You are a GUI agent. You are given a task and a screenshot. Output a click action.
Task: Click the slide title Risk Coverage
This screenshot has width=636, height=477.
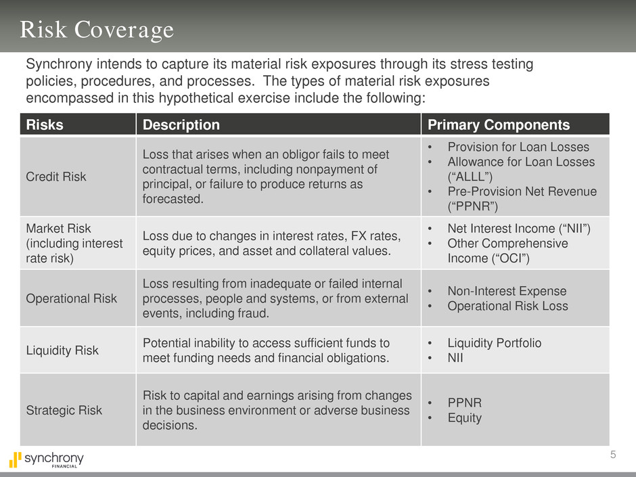97,30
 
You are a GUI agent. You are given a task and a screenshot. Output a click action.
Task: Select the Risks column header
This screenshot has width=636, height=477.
45,124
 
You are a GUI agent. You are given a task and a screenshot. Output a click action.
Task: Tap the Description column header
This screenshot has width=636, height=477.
181,124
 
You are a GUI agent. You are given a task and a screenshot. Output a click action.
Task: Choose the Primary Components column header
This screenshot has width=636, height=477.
499,124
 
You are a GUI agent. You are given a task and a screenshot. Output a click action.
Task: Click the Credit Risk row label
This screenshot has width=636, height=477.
56,177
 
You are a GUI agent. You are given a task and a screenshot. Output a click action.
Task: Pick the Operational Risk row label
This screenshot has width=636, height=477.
72,298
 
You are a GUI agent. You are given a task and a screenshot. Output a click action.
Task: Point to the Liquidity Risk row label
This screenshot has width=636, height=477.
62,350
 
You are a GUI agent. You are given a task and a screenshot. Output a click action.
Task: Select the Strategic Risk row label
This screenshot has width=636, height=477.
64,410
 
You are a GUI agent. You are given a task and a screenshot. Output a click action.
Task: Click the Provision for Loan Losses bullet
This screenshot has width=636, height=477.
518,147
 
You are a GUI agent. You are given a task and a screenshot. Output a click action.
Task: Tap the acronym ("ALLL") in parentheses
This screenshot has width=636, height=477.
470,177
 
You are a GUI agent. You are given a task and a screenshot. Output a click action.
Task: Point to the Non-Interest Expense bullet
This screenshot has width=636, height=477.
507,291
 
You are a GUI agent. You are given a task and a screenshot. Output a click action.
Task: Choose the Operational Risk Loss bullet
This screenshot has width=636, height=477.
508,306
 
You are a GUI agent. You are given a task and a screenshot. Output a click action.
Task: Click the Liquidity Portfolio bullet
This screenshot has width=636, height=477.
495,343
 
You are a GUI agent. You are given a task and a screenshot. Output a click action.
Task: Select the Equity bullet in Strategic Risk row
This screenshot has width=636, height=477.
464,417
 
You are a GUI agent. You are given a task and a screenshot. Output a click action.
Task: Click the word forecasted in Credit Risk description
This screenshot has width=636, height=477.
173,199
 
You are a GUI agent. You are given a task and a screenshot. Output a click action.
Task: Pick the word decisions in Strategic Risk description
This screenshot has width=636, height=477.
170,425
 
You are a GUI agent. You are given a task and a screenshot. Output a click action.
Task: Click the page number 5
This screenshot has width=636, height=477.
613,455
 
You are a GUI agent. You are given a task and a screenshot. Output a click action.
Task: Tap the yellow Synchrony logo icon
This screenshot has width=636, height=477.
15,459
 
